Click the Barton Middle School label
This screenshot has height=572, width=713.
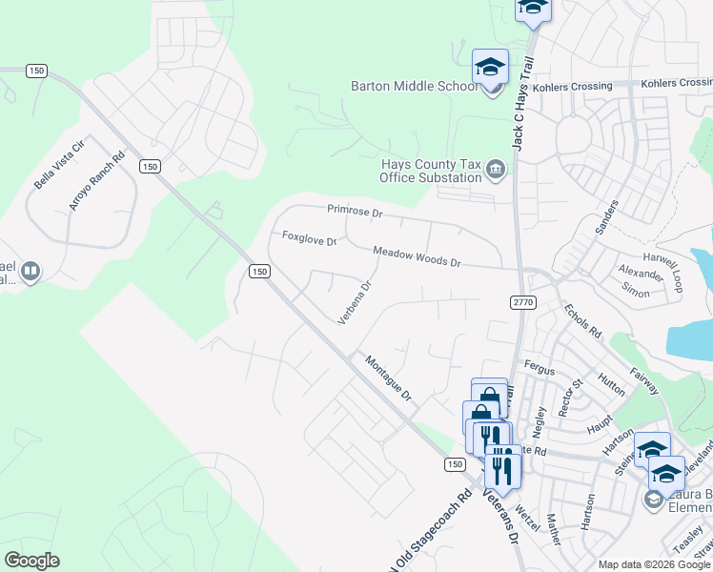414,87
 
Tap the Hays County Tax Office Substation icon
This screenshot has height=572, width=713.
496,171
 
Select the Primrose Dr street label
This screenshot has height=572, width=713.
355,210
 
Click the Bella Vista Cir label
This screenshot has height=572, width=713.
59,164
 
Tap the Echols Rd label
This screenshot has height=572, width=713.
582,321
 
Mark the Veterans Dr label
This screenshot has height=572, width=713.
500,515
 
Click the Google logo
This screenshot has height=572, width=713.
31,560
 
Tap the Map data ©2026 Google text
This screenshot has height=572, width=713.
653,564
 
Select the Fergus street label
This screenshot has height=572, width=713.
540,364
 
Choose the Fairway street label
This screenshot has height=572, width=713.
644,376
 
